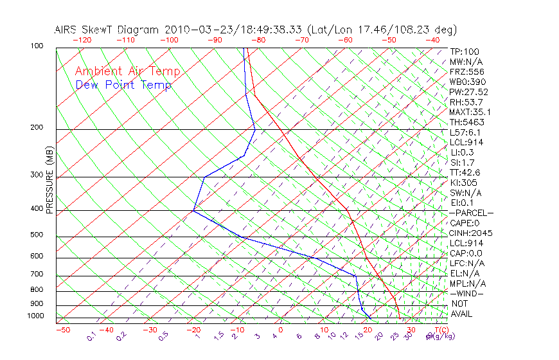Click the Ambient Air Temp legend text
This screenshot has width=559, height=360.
click(x=127, y=72)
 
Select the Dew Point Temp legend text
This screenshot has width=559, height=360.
click(x=123, y=85)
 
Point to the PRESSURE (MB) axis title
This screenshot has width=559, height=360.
click(x=49, y=181)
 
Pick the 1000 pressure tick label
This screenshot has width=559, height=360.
click(x=36, y=316)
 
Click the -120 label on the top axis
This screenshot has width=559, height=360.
click(x=82, y=40)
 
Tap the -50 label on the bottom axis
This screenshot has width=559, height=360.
click(x=62, y=330)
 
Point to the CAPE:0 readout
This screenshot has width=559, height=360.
click(x=466, y=223)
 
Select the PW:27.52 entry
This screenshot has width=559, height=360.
click(x=469, y=92)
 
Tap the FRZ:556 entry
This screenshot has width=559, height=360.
click(x=467, y=72)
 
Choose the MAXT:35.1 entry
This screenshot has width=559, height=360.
click(x=473, y=113)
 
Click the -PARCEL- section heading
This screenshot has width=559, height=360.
click(x=471, y=213)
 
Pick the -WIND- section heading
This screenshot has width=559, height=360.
click(x=466, y=293)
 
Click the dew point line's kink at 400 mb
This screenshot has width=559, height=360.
click(x=193, y=210)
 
